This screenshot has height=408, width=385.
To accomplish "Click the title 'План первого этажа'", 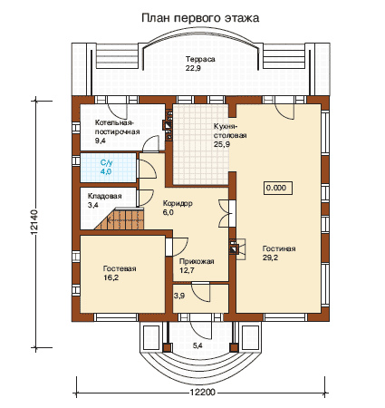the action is pos(200,18).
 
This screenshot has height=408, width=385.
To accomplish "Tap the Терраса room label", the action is pos(200,59).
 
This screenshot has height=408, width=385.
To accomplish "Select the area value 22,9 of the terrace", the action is pos(193,68).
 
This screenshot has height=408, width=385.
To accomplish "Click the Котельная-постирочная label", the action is pos(117,127).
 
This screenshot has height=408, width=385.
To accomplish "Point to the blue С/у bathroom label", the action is pos(106,163).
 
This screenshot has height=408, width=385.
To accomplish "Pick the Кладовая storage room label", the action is pos(104,196).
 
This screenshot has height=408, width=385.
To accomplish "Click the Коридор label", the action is pos(178,203).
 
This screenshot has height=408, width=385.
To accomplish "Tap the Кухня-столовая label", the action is pos(230,131).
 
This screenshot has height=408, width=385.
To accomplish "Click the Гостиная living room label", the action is pos(279,248).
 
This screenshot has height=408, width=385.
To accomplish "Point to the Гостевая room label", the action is pos(120,268).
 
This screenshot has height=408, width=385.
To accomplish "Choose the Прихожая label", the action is pos(197,261).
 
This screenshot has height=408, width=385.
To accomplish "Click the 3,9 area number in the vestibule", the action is pos(179,296).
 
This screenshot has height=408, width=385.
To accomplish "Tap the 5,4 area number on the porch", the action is pos(197,345).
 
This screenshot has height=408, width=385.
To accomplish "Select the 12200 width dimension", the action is pos(203,393).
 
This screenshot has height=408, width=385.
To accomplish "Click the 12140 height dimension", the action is pos(34,222).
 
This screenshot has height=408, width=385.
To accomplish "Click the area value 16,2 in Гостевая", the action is pos(111,277).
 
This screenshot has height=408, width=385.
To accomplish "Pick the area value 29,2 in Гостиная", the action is pos(270,257).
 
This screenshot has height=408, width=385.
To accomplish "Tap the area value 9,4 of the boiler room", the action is pos(100,141).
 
